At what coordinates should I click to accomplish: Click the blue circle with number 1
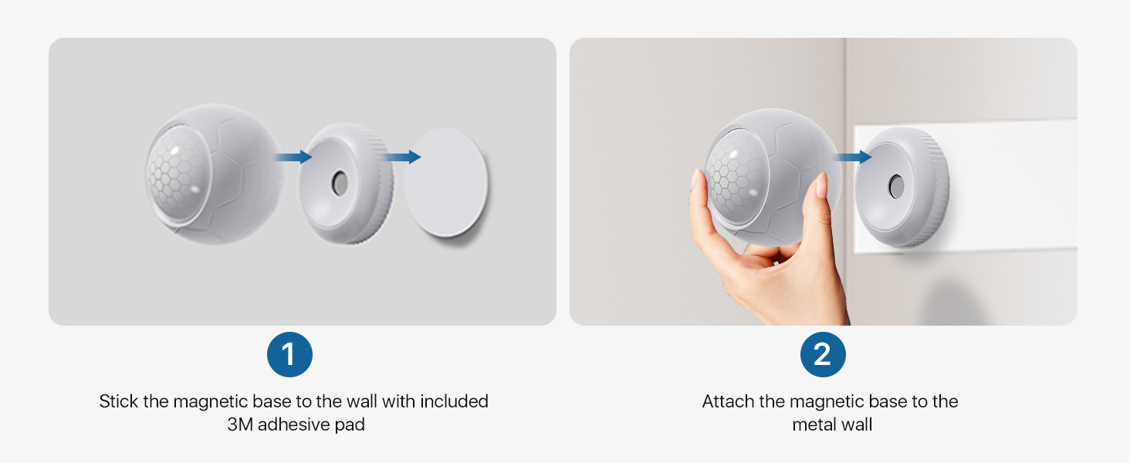[x=289, y=354]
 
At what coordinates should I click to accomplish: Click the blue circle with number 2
[x=823, y=354]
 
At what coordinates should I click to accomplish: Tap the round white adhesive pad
[x=446, y=182]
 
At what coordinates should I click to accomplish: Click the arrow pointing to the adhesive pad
[x=401, y=157]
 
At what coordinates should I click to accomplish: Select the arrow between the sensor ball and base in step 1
[x=293, y=157]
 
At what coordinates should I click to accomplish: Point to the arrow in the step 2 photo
[x=852, y=157]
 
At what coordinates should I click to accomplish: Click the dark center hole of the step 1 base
[x=339, y=184]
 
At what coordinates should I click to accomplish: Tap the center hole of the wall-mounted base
[x=896, y=187]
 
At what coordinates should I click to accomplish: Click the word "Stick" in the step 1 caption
[x=119, y=401]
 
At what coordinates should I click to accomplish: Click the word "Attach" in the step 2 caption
[x=728, y=401]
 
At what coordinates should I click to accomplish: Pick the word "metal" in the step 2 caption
[x=812, y=424]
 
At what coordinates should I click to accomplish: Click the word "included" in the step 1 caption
[x=454, y=401]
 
